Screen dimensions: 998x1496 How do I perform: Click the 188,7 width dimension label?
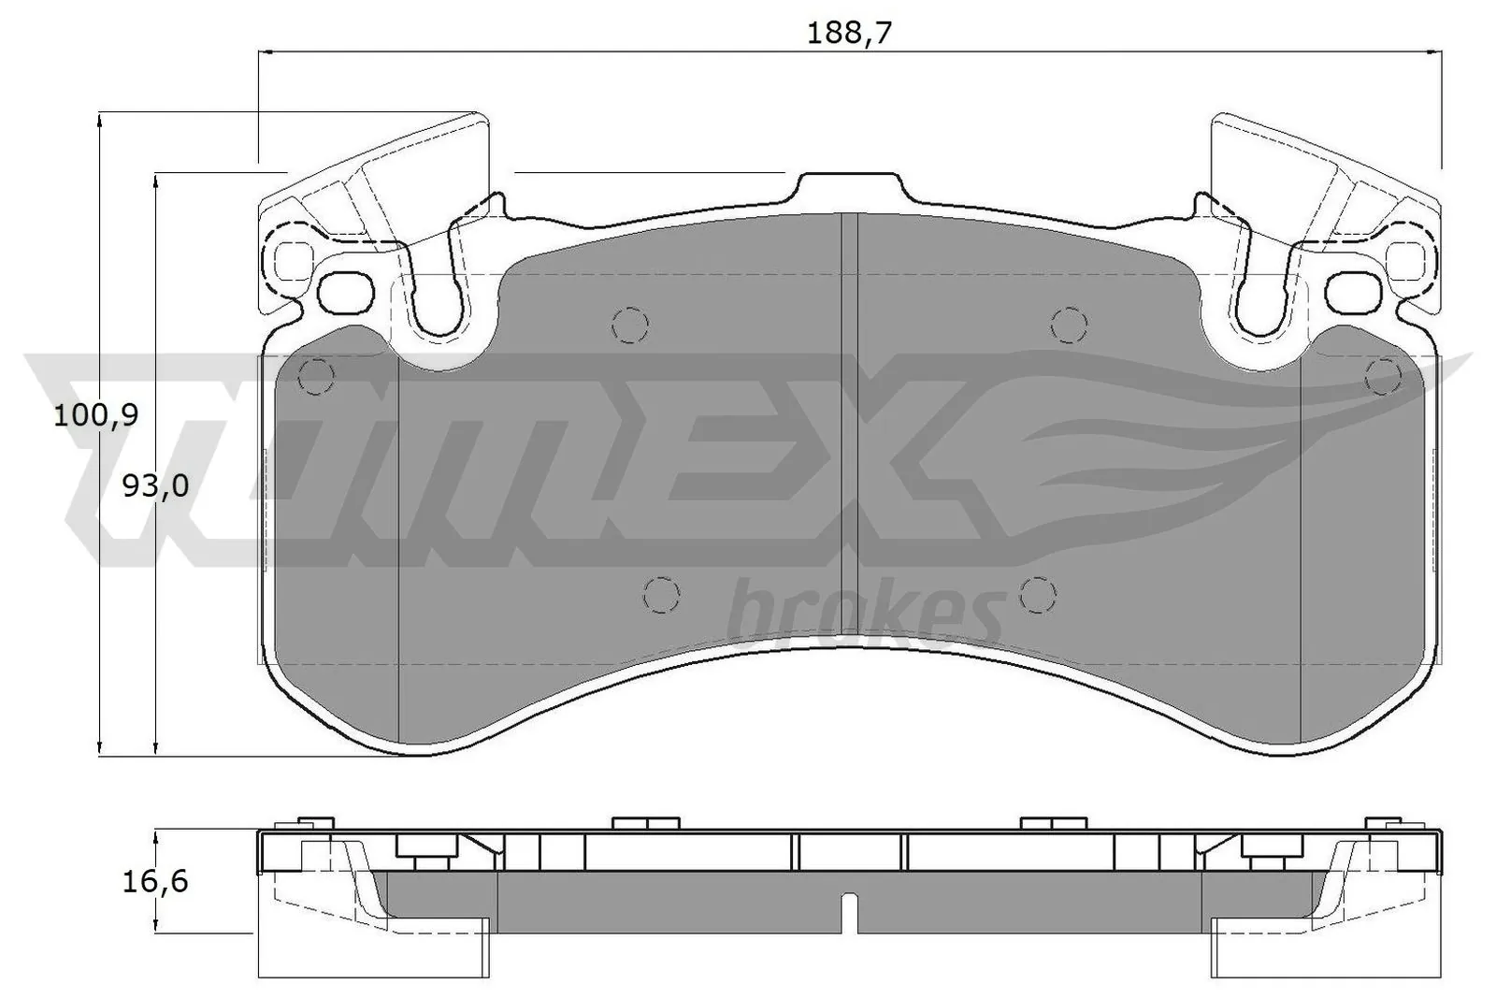pos(849,32)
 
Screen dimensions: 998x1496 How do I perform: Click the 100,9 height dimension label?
pos(95,415)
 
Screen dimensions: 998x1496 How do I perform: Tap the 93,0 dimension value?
pos(156,485)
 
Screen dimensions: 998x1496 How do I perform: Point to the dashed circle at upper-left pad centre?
pos(630,325)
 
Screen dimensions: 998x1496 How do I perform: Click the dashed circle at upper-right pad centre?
pos(1070,325)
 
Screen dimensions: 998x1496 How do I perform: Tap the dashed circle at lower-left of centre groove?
pos(661,594)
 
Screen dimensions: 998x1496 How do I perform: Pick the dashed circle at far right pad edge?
pos(1383,377)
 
